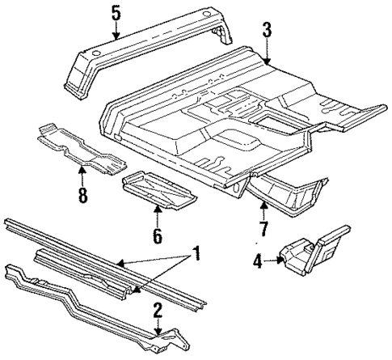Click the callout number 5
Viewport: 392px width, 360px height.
(x=116, y=13)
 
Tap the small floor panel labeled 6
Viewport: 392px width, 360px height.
(x=158, y=193)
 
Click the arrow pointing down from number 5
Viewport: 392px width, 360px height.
(x=116, y=32)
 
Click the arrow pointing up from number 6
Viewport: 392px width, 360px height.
(x=157, y=217)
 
